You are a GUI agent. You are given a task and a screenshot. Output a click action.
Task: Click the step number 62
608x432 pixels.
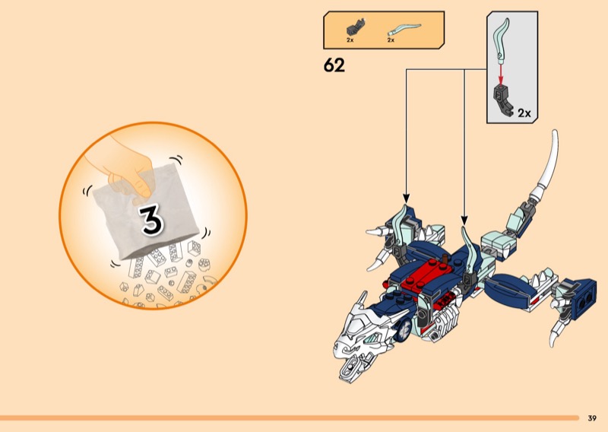coord(334,65)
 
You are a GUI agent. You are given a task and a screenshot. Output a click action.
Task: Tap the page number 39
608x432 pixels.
coord(592,418)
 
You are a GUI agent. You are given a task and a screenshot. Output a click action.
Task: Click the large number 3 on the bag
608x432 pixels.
coord(151,220)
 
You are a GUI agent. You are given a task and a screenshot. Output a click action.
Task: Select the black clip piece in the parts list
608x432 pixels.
coord(356,27)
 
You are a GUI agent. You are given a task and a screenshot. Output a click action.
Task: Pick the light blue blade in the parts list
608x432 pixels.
coord(404,29)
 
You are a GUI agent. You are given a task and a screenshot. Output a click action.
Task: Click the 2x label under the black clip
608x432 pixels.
coord(350,40)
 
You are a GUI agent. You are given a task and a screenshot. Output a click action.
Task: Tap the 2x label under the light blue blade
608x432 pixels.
coord(391,40)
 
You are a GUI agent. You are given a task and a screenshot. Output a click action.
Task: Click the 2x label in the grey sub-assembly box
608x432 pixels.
coord(524,113)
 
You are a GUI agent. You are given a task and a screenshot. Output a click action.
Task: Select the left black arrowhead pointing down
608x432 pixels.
coord(406,199)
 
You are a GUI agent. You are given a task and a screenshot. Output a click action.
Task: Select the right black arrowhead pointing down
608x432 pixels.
coord(464,220)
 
